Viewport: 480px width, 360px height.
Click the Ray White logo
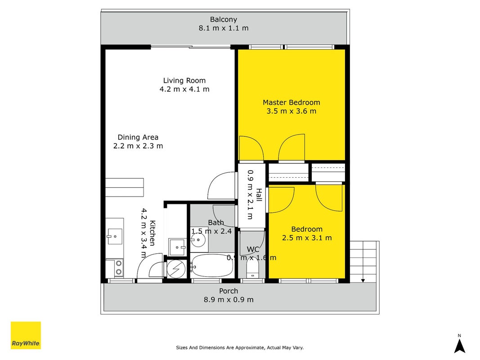[x=26, y=335]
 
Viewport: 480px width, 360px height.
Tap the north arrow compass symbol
[x=459, y=344]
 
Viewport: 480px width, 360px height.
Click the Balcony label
[x=224, y=20]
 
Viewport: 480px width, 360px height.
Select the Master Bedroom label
[x=292, y=103]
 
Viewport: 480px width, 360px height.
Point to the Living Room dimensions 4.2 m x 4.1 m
[x=184, y=90]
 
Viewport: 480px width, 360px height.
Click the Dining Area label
[x=138, y=137]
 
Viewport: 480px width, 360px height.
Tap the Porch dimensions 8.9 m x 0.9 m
[x=229, y=300]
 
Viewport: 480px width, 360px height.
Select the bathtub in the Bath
[x=212, y=265]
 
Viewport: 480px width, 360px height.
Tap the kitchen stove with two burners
[x=115, y=268]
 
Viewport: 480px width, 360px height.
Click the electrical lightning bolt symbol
[x=176, y=270]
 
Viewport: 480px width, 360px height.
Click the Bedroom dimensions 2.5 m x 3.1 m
[x=307, y=238]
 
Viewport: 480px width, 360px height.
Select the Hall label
[x=259, y=195]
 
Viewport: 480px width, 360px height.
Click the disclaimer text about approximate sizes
[x=240, y=347]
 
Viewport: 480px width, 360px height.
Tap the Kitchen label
[x=152, y=233]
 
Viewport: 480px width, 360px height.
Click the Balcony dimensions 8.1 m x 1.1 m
[x=224, y=28]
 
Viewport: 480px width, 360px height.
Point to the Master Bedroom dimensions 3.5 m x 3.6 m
[x=292, y=111]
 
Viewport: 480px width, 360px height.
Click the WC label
[x=253, y=249]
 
